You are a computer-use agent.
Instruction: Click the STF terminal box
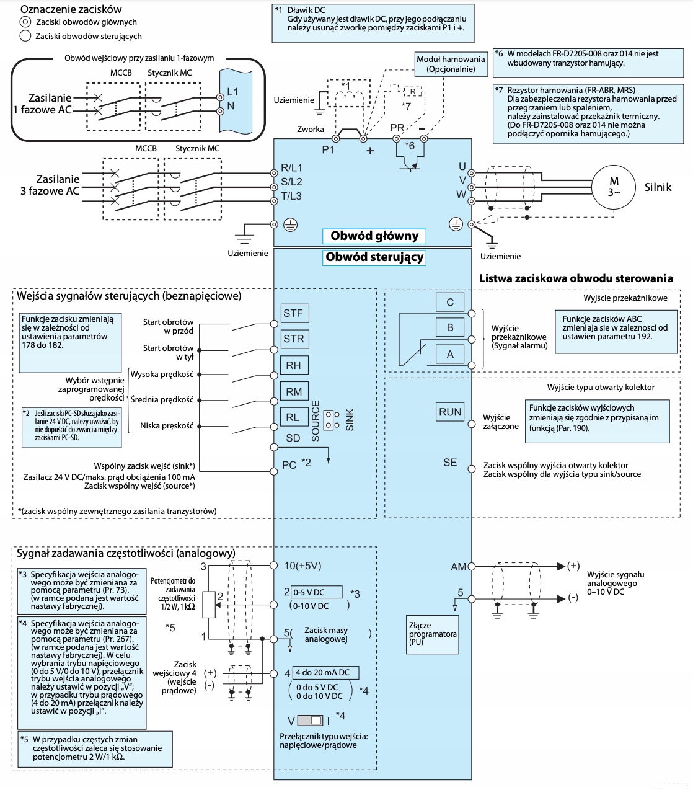[x=293, y=313]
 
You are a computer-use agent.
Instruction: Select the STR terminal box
[x=294, y=339]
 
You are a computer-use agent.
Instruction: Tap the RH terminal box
[x=294, y=365]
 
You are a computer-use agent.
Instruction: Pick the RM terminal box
[x=294, y=391]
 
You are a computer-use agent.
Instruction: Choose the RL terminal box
[x=293, y=417]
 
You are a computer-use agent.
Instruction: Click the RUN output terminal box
[x=451, y=412]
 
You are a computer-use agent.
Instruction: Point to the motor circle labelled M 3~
[x=614, y=186]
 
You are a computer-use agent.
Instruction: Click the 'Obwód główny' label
[x=374, y=236]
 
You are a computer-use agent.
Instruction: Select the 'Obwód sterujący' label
[x=374, y=257]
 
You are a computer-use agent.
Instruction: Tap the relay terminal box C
[x=450, y=302]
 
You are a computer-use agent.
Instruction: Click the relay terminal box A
[x=450, y=354]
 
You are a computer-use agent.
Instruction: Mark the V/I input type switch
[x=311, y=721]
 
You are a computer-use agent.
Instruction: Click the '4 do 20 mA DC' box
[x=325, y=673]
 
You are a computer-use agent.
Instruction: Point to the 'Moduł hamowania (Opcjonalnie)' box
[x=451, y=64]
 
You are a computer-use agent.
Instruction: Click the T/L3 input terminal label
[x=291, y=197]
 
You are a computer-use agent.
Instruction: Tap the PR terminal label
[x=397, y=128]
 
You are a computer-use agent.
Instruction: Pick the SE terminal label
[x=450, y=463]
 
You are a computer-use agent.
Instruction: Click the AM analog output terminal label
[x=458, y=567]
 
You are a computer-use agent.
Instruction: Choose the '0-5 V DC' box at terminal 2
[x=317, y=592]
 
